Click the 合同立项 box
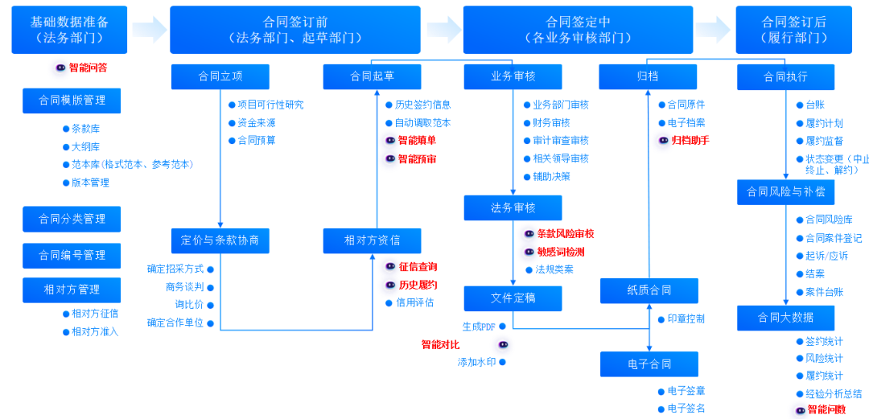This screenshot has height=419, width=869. (x=220, y=76)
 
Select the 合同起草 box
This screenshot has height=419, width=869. (x=373, y=76)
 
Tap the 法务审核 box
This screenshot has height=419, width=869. (x=513, y=207)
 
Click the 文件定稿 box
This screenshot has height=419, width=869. (x=513, y=298)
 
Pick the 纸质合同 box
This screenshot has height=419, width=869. (x=649, y=290)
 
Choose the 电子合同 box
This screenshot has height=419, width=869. (x=649, y=364)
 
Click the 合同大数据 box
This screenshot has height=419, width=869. (x=785, y=318)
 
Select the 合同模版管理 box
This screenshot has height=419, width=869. (x=72, y=101)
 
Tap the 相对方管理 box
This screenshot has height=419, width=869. (x=72, y=290)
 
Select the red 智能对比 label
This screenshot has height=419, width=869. (x=440, y=344)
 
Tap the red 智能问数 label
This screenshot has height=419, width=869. (x=826, y=409)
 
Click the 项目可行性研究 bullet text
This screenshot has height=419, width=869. (x=270, y=105)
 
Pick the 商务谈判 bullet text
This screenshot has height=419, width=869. (x=184, y=287)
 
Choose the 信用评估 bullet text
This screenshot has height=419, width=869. (x=414, y=302)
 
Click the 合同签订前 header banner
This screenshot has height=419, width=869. (x=294, y=30)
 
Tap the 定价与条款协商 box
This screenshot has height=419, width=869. (x=220, y=240)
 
